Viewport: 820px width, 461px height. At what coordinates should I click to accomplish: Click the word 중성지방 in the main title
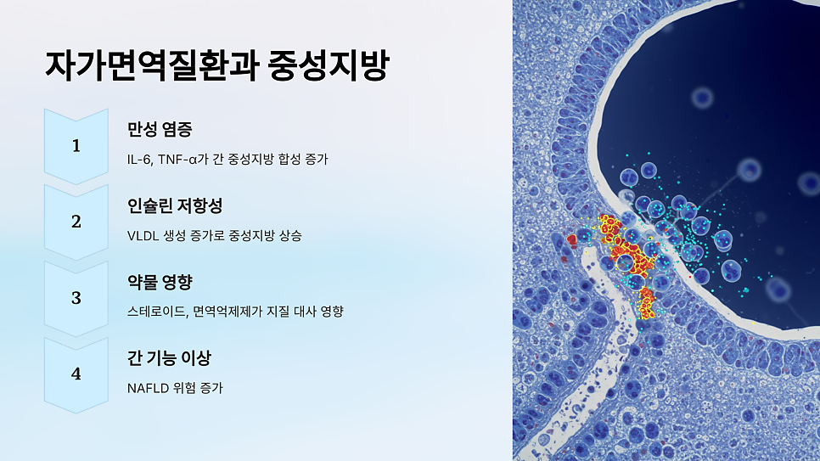pyautogui.click(x=327, y=66)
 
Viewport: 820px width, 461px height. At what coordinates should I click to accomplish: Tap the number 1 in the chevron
pyautogui.click(x=76, y=146)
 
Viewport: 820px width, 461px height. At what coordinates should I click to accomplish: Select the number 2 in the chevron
pyautogui.click(x=76, y=222)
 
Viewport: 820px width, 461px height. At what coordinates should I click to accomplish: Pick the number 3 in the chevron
pyautogui.click(x=76, y=298)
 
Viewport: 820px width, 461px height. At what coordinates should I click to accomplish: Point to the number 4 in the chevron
pyautogui.click(x=76, y=374)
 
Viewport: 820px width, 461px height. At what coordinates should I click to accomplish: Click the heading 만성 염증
pyautogui.click(x=159, y=130)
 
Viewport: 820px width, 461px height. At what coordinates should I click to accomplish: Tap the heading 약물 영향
pyautogui.click(x=159, y=282)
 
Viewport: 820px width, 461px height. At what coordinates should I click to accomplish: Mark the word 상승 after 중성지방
pyautogui.click(x=289, y=235)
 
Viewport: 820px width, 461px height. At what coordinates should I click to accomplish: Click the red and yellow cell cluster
pyautogui.click(x=626, y=250)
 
